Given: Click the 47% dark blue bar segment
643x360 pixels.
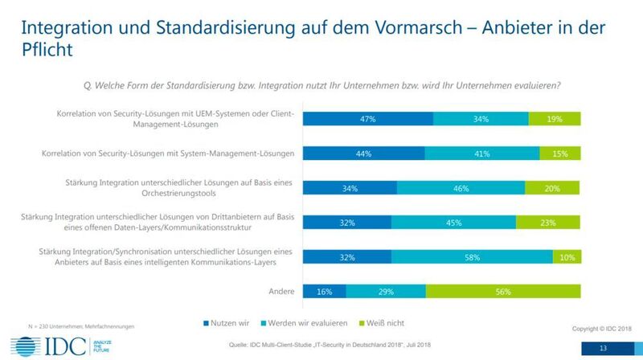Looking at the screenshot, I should point(367,119).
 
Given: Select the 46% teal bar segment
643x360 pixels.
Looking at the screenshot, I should point(461,187).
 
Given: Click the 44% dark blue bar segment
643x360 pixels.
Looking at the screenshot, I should point(363,153).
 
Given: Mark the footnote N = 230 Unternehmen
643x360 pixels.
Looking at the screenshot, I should point(49,325).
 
